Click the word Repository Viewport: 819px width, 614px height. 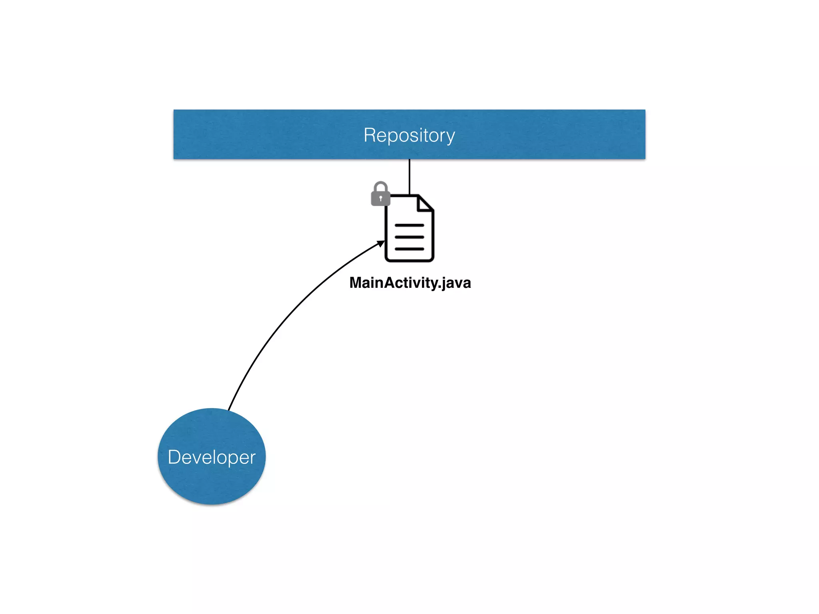pyautogui.click(x=409, y=135)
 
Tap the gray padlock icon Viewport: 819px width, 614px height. pyautogui.click(x=380, y=195)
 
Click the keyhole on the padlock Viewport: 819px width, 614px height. pyautogui.click(x=380, y=198)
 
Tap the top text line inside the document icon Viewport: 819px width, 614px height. pyautogui.click(x=409, y=225)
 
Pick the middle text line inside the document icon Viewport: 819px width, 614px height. pyautogui.click(x=409, y=237)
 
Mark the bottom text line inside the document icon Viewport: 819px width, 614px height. pyautogui.click(x=409, y=249)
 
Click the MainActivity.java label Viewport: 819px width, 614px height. pyautogui.click(x=410, y=283)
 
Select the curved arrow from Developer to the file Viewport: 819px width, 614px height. pyautogui.click(x=288, y=312)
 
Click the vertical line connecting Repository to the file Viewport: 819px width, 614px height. pyautogui.click(x=409, y=176)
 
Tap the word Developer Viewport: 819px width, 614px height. pyautogui.click(x=212, y=457)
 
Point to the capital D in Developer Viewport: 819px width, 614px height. pyautogui.click(x=175, y=457)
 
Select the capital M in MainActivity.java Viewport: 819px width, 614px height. pyautogui.click(x=356, y=283)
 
